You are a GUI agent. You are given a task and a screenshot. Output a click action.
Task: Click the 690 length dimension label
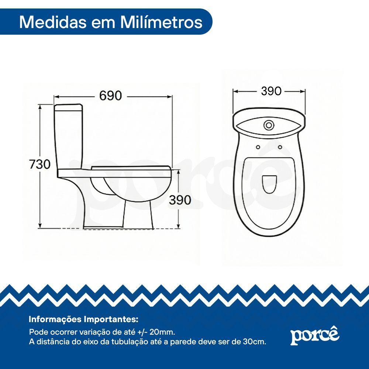[110, 96]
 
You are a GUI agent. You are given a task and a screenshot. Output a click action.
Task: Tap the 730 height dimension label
[40, 164]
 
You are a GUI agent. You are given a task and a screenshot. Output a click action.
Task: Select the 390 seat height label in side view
[180, 200]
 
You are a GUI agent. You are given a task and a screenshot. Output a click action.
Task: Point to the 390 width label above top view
[271, 91]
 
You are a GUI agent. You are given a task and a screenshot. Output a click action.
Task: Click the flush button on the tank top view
[269, 125]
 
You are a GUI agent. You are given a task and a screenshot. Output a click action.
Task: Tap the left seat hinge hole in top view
[258, 147]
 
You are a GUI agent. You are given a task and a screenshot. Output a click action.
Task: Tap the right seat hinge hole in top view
[280, 147]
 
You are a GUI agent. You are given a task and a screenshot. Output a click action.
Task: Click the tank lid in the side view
[69, 107]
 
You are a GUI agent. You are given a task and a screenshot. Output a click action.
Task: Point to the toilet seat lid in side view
[131, 168]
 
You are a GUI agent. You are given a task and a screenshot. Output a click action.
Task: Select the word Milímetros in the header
[161, 23]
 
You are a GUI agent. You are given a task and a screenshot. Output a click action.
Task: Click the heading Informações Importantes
[83, 320]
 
